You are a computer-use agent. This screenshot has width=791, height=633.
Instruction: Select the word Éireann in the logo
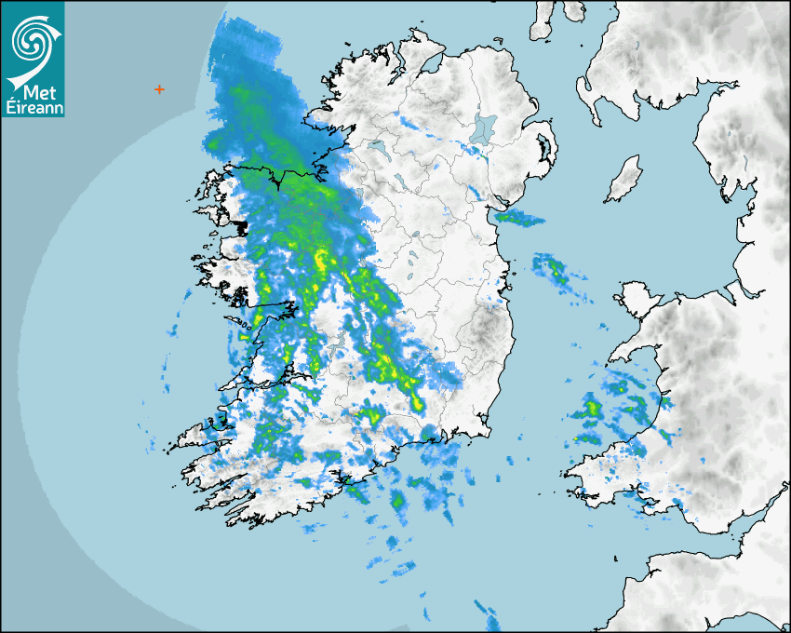click(x=34, y=108)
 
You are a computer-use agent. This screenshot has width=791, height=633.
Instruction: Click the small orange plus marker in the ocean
click(x=159, y=89)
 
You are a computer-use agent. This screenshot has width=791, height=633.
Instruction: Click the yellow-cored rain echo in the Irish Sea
click(x=556, y=271)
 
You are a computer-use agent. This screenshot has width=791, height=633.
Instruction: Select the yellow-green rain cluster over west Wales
click(x=589, y=410)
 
